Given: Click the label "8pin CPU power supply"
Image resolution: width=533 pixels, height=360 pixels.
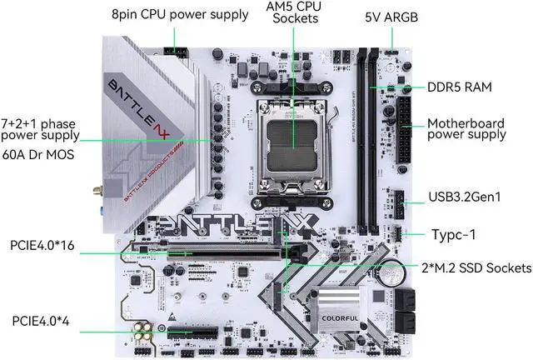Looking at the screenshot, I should (180, 14).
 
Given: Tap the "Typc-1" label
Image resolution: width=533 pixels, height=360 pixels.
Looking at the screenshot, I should (454, 234).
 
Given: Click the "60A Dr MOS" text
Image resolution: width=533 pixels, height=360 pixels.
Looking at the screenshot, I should (40, 155).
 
